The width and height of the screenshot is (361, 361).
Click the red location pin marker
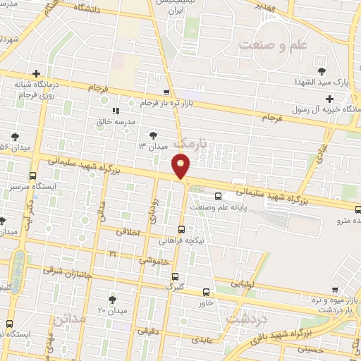pyautogui.click(x=181, y=166)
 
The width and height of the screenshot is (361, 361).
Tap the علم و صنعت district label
pyautogui.click(x=274, y=44)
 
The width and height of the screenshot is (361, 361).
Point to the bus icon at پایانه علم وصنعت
pyautogui.click(x=217, y=196)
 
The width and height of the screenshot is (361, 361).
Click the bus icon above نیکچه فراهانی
pyautogui.click(x=182, y=229)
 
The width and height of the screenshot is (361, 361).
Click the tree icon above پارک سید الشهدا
pyautogui.click(x=322, y=71)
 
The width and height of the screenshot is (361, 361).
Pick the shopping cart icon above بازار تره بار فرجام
pyautogui.click(x=166, y=92)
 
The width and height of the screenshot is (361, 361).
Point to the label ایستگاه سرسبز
pyautogui.click(x=33, y=188)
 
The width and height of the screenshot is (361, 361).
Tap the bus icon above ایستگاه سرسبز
pyautogui.click(x=33, y=176)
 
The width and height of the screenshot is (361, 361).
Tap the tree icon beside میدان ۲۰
pyautogui.click(x=112, y=300)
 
